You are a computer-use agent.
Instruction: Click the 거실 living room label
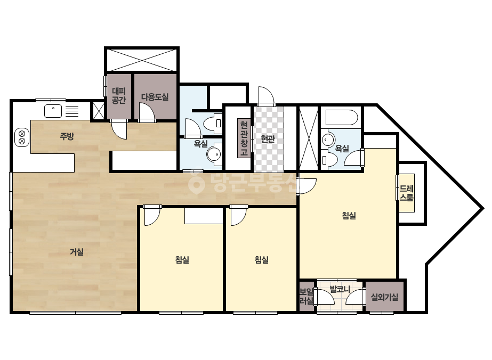coord(77,252)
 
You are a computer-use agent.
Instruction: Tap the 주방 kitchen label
coord(67,136)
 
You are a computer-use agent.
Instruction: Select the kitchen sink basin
coord(53,111)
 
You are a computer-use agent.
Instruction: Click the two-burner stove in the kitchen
coord(22,137)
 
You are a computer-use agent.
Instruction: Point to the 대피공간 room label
coord(119,96)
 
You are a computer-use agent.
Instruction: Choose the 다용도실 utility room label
coord(155,97)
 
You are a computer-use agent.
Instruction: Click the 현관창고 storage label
coord(244,138)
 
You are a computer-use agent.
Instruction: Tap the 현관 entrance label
coord(268,138)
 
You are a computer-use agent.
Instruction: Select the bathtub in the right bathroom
coord(341,118)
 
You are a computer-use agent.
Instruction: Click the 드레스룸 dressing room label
coord(406,193)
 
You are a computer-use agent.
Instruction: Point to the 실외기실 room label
coord(384,297)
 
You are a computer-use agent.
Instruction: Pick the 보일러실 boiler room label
coord(307,296)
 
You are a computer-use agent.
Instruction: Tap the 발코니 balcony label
coord(340,289)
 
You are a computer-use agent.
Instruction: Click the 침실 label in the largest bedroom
coord(349,216)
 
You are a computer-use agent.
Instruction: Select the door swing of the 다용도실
coord(147,112)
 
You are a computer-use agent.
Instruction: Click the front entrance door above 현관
coord(266,96)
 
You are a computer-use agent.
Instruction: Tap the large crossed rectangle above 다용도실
coord(141,60)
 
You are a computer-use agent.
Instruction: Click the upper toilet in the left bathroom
coord(213,123)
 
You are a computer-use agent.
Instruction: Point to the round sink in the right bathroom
coord(328,138)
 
